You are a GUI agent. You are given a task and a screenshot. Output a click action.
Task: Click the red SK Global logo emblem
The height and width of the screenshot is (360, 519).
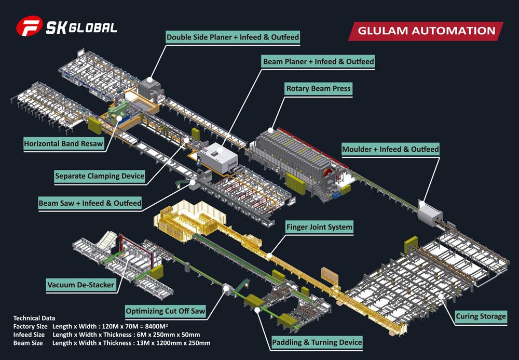pos(30,28)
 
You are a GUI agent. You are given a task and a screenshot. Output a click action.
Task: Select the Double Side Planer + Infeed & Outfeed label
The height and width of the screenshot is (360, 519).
pos(233,37)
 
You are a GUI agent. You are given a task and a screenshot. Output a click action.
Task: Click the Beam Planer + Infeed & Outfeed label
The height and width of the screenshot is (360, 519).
pos(318,61)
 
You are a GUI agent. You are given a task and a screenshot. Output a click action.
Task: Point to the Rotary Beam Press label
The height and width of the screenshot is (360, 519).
pos(319,88)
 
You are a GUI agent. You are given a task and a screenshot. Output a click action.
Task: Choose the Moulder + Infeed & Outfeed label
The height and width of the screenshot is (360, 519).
pos(390,149)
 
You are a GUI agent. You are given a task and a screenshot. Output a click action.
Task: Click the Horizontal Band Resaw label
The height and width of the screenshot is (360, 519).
pos(63,143)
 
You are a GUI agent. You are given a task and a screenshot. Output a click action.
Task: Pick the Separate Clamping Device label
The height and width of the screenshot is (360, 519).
pos(100,176)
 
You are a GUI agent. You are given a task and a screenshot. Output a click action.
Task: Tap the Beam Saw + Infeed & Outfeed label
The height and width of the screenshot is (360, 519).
pos(90,203)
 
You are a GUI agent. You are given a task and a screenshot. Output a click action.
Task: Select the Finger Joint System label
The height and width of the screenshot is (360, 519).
pos(319,227)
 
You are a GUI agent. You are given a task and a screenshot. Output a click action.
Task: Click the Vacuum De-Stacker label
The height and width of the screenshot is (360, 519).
pos(80,285)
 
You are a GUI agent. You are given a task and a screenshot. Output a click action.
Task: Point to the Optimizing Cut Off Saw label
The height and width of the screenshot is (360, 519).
pos(166,312)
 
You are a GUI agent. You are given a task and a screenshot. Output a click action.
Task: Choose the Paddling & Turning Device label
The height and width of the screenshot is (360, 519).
pos(317,342)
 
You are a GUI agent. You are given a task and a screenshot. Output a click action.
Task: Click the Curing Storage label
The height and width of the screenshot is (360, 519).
pos(481,316)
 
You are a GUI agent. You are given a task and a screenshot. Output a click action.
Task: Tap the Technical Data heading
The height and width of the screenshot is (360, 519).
pos(34,318)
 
